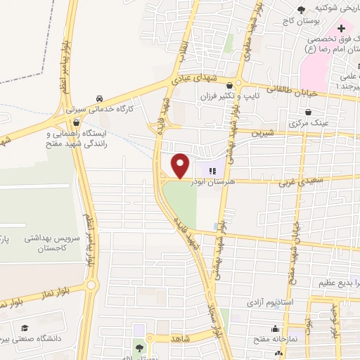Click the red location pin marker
181,165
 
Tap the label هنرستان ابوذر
212,182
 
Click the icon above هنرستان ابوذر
212,169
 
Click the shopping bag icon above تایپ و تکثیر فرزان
239,82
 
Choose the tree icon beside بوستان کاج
301,8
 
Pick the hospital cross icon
342,29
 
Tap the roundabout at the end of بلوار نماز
91,284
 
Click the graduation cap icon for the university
25,328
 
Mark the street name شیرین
262,131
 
